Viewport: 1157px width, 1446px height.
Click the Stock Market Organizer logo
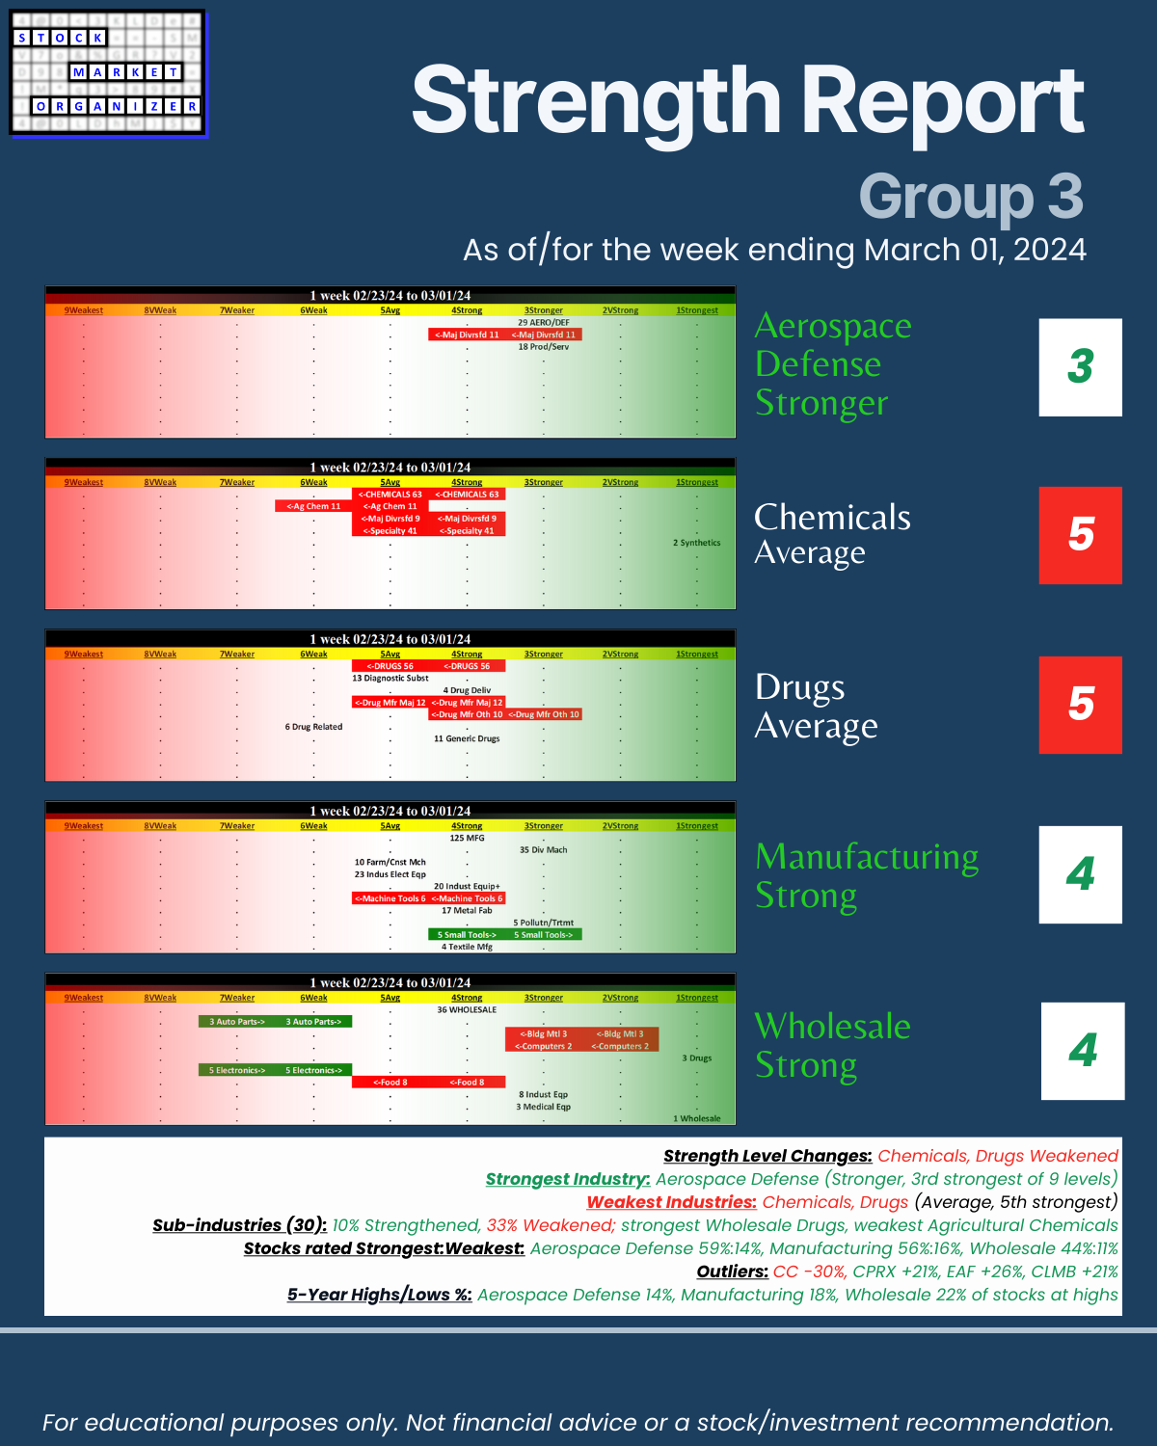[x=108, y=74]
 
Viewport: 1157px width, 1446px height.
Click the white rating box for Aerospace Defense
[x=1080, y=367]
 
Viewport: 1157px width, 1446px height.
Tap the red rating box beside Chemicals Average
[x=1080, y=535]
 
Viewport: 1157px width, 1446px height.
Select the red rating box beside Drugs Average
[x=1080, y=705]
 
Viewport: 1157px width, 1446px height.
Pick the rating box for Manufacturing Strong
[x=1080, y=874]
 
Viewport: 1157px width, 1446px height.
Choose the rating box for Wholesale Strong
[x=1082, y=1051]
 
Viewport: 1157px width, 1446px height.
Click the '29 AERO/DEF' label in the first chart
[x=544, y=323]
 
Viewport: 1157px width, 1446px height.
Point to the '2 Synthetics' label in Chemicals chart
[x=696, y=543]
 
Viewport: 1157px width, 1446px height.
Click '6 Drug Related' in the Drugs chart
[x=313, y=727]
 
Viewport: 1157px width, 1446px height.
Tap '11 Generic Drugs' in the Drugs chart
[x=467, y=738]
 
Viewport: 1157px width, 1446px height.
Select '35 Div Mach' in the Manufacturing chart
[x=544, y=850]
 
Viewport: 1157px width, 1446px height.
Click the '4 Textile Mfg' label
[x=467, y=947]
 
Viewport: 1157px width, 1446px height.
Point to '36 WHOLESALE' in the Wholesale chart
[x=467, y=1010]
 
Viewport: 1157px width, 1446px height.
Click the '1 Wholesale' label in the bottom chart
[x=696, y=1118]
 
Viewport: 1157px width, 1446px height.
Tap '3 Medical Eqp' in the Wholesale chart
[x=544, y=1107]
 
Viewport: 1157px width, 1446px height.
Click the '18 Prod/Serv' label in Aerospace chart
[x=544, y=347]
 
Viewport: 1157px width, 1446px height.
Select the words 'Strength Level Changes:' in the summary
[x=767, y=1156]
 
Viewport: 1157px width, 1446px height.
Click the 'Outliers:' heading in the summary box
[x=732, y=1272]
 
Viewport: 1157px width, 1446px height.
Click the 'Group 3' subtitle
[x=970, y=197]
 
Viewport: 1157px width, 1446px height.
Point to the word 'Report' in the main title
[x=943, y=102]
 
